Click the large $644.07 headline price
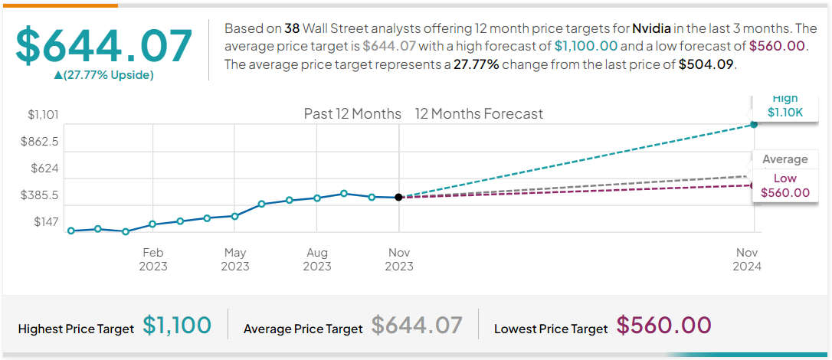coord(103,45)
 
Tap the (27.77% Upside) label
coord(103,75)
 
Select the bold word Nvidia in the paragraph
coord(652,28)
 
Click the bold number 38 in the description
coord(292,28)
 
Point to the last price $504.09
coord(706,64)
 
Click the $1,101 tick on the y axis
coord(44,115)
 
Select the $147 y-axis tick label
coord(47,222)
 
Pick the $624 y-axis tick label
coord(44,169)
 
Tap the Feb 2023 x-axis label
coord(153,260)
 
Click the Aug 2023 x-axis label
coord(317,260)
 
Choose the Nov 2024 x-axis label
coord(747,260)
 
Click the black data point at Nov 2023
coord(398,197)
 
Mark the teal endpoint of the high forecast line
coord(754,124)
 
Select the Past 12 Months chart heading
coord(352,114)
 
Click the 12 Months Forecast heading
coord(479,114)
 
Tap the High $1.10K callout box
coord(785,105)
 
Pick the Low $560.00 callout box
coord(785,185)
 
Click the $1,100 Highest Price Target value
coord(177,326)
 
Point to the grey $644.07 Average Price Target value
coord(417,326)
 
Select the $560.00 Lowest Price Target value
coord(663,326)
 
